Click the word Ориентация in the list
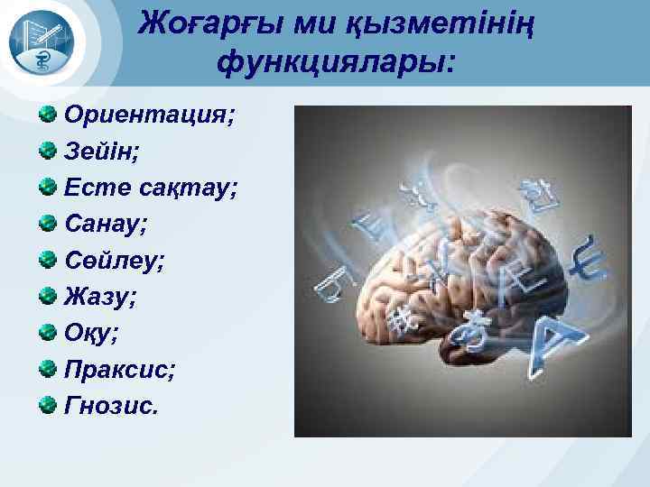coord(147,116)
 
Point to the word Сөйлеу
coord(113,261)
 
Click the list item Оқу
coord(89,333)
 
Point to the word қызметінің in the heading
coord(439,23)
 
